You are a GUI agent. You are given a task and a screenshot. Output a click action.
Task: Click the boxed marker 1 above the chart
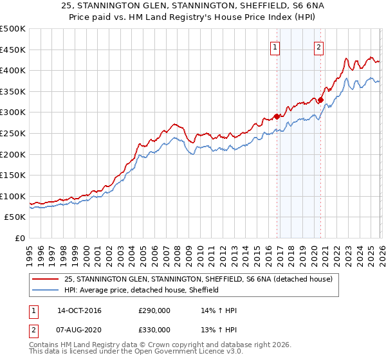click(x=275, y=46)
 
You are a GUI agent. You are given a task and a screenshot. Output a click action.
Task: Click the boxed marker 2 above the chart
click(x=318, y=46)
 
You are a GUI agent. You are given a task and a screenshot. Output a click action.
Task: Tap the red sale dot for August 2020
click(x=320, y=100)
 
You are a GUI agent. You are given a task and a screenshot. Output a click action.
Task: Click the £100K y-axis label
click(x=13, y=196)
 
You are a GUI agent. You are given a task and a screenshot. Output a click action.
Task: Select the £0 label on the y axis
click(x=19, y=238)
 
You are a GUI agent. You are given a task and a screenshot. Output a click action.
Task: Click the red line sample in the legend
click(x=45, y=280)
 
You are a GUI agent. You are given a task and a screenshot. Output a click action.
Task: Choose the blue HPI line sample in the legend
click(x=45, y=291)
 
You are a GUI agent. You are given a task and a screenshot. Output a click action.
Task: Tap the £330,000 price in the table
click(x=154, y=329)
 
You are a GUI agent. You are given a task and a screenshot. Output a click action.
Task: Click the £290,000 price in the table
click(x=154, y=310)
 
